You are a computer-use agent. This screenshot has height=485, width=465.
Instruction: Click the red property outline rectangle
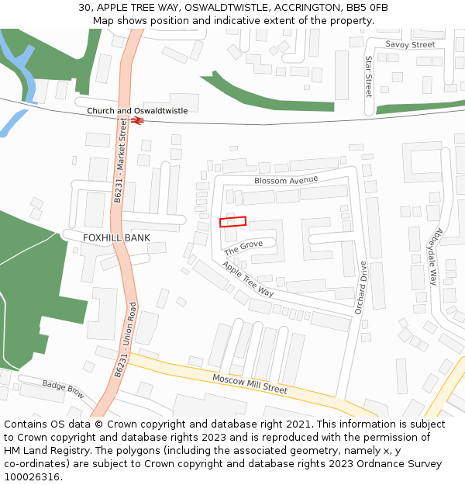coord(232,221)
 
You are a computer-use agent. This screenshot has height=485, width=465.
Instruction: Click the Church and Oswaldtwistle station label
coord(137,111)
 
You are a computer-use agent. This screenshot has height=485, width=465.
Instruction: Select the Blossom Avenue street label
coord(286,180)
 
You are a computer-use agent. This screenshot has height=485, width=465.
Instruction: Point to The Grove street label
coord(243,248)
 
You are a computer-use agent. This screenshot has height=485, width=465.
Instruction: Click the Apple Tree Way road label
coord(247,279)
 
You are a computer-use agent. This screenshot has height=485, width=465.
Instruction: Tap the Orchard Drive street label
coord(360,287)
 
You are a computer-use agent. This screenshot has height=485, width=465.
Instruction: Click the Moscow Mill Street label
coord(250,383)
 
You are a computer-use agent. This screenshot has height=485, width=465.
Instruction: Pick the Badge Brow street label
coord(64,389)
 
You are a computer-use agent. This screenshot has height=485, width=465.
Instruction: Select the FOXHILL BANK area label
coord(116,237)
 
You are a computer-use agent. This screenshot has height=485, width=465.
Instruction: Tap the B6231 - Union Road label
coord(126,340)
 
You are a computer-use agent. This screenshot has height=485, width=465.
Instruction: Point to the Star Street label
coord(369,76)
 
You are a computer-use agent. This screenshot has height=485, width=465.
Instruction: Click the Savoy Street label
coord(410,45)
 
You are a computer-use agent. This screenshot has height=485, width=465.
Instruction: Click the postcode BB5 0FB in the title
coord(367,8)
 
